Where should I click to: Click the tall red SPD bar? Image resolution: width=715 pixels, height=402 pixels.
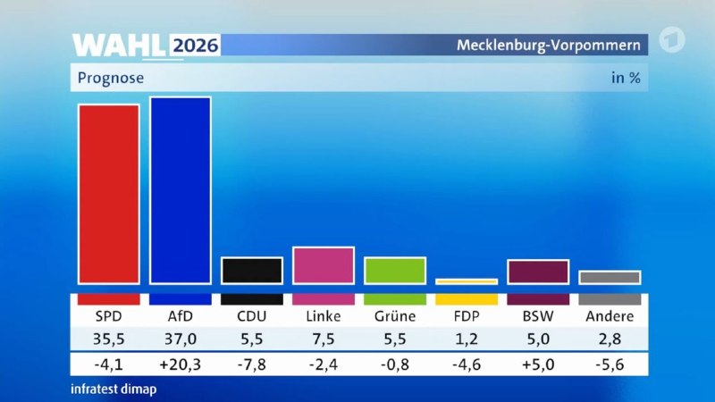[x=108, y=195]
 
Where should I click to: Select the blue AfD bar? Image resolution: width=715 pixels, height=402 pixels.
[x=181, y=190]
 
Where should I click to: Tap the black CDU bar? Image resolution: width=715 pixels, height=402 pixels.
[x=252, y=271]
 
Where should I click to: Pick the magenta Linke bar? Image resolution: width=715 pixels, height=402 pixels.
[x=324, y=265]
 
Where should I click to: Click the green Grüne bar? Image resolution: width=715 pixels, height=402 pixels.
[x=395, y=271]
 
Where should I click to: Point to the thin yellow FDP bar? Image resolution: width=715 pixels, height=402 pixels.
[x=467, y=281]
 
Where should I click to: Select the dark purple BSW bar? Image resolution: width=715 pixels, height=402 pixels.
[x=538, y=272]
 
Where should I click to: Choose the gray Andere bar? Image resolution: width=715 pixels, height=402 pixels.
[x=610, y=278]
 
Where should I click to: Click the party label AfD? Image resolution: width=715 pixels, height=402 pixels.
[x=181, y=316]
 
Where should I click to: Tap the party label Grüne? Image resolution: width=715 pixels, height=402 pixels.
[x=395, y=316]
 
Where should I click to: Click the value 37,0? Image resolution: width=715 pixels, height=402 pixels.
[x=181, y=339]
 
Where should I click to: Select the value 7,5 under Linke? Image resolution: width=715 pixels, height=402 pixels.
[x=324, y=339]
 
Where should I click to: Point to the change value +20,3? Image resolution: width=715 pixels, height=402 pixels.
[x=181, y=364]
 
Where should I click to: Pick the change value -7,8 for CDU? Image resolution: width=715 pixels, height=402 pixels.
[x=252, y=364]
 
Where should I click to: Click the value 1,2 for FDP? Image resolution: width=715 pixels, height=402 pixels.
[x=467, y=339]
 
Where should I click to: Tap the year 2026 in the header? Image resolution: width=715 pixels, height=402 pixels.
[x=196, y=46]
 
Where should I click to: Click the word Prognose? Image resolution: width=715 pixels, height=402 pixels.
[x=110, y=78]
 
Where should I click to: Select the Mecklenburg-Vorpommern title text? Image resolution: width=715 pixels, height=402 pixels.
[x=549, y=46]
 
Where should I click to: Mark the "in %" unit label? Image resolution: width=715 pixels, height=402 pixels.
[x=626, y=78]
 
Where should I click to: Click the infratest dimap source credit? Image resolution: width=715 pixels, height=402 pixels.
[x=114, y=389]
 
